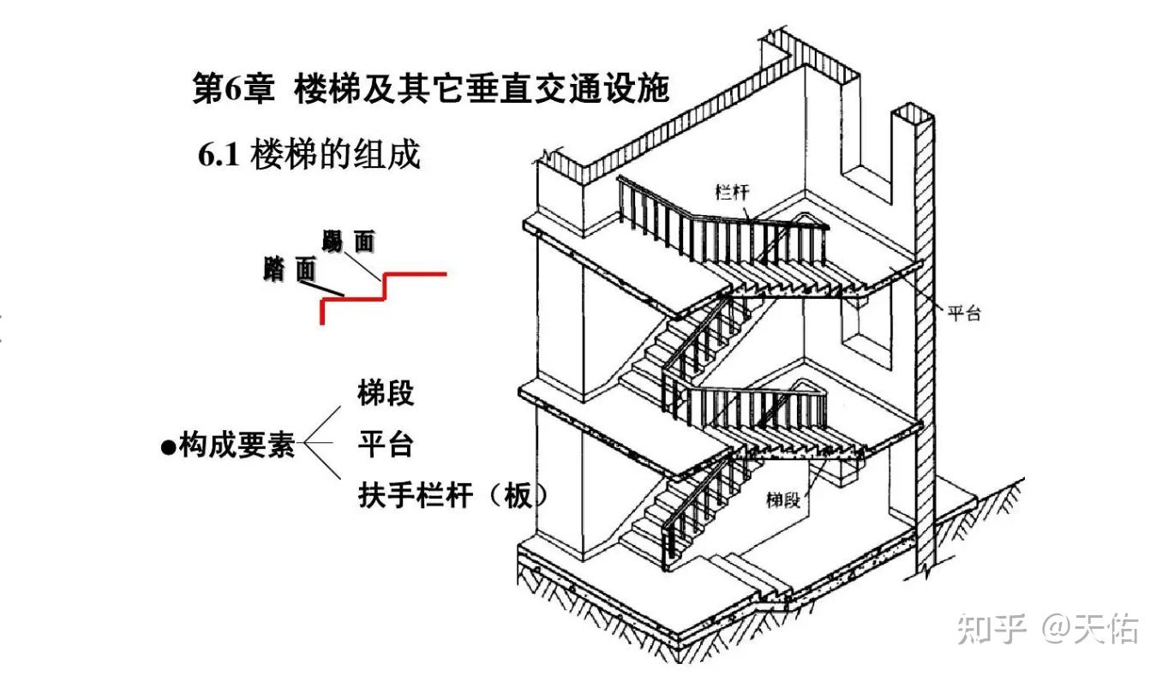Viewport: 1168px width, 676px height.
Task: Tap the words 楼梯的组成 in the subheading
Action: (335, 155)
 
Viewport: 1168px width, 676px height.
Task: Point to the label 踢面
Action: (349, 242)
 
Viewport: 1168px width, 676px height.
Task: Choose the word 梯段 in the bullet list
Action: (386, 393)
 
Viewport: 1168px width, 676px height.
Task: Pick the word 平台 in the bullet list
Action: (386, 445)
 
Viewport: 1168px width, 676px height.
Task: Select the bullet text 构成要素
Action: (237, 446)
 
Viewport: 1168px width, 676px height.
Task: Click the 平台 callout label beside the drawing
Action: (963, 314)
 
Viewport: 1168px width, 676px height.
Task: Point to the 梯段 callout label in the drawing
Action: (783, 500)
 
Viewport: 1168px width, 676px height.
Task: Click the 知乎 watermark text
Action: (991, 629)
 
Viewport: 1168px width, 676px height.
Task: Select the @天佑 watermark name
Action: (1090, 629)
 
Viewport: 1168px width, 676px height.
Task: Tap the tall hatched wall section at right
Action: (924, 343)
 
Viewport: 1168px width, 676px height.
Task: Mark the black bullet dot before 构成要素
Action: (169, 447)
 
